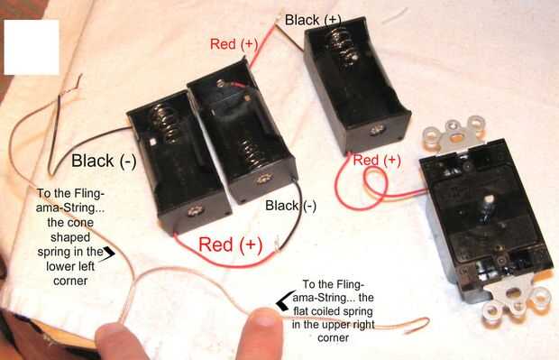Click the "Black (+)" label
point(313,20)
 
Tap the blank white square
point(32,47)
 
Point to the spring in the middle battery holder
point(254,153)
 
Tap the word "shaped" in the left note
point(70,237)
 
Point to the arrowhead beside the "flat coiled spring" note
point(287,300)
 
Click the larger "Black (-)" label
point(104,161)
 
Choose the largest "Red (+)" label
point(230,245)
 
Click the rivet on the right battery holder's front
point(377,130)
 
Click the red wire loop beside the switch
point(377,183)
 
